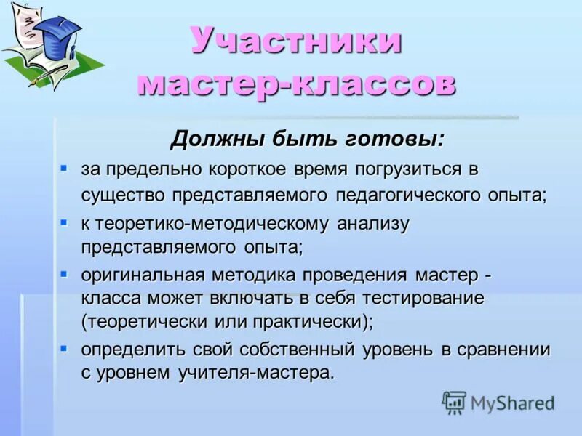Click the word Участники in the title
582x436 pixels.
tap(296, 41)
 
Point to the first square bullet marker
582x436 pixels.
tap(64, 168)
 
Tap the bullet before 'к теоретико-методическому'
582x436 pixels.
tap(64, 220)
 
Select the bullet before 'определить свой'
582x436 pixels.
tap(64, 347)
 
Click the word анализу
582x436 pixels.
tap(373, 222)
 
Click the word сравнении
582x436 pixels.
tap(504, 349)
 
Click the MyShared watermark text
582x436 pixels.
tap(512, 403)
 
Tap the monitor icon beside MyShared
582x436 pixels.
tap(454, 403)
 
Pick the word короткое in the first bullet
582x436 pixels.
tap(244, 170)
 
